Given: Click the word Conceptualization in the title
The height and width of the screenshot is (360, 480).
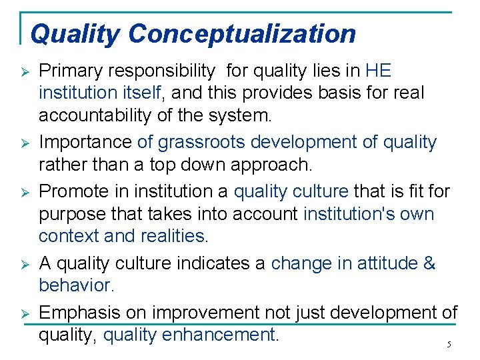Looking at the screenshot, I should (x=242, y=33).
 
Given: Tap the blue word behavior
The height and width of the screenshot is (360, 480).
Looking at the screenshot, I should (x=76, y=286).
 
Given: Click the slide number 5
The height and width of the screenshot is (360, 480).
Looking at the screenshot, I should (x=449, y=345).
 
